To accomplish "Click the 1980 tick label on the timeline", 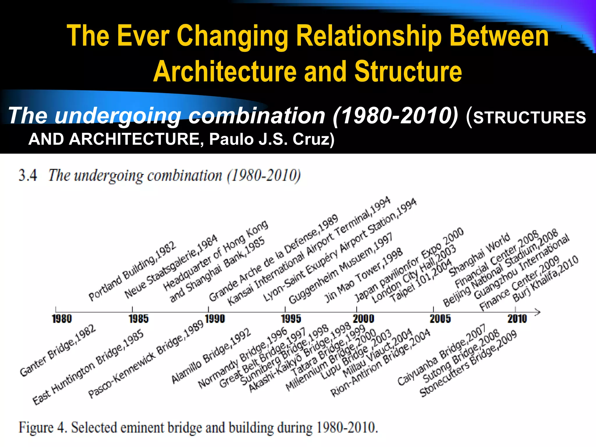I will [x=62, y=319].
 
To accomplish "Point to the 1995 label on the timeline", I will [x=291, y=319].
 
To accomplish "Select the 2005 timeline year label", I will [x=440, y=319].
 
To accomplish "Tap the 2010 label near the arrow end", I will [x=517, y=319].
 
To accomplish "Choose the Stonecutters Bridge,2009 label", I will [x=468, y=364].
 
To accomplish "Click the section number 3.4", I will [x=28, y=175].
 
